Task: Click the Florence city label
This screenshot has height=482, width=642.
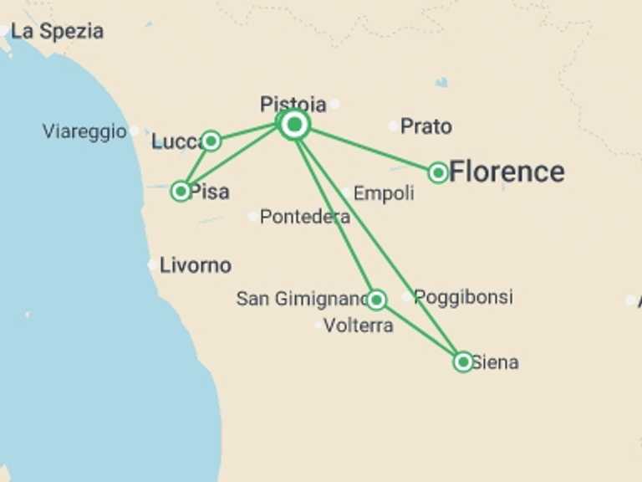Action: pyautogui.click(x=507, y=172)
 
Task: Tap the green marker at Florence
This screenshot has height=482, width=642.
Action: pyautogui.click(x=438, y=172)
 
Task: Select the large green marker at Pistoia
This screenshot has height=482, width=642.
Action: pyautogui.click(x=294, y=125)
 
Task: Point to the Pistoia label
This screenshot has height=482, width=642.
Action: pyautogui.click(x=293, y=105)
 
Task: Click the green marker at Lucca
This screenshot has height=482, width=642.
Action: pyautogui.click(x=211, y=141)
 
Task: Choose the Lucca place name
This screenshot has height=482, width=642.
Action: pyautogui.click(x=176, y=142)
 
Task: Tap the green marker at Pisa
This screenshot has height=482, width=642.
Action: pyautogui.click(x=181, y=192)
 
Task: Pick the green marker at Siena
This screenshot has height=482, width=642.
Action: pyautogui.click(x=463, y=361)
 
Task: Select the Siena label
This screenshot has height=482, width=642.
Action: pyautogui.click(x=495, y=362)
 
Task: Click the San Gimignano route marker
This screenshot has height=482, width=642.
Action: pyautogui.click(x=376, y=300)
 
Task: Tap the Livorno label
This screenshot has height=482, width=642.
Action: pyautogui.click(x=196, y=265)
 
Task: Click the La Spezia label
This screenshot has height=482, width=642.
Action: pyautogui.click(x=57, y=32)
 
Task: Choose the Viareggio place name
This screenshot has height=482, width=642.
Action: pyautogui.click(x=84, y=131)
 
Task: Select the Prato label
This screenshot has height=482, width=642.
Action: pyautogui.click(x=425, y=126)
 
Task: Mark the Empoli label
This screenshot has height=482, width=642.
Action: pyautogui.click(x=384, y=193)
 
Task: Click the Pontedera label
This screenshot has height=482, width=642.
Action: pyautogui.click(x=304, y=217)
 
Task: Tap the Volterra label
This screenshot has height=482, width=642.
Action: pyautogui.click(x=358, y=326)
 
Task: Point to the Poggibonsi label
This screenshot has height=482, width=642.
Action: pyautogui.click(x=463, y=297)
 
